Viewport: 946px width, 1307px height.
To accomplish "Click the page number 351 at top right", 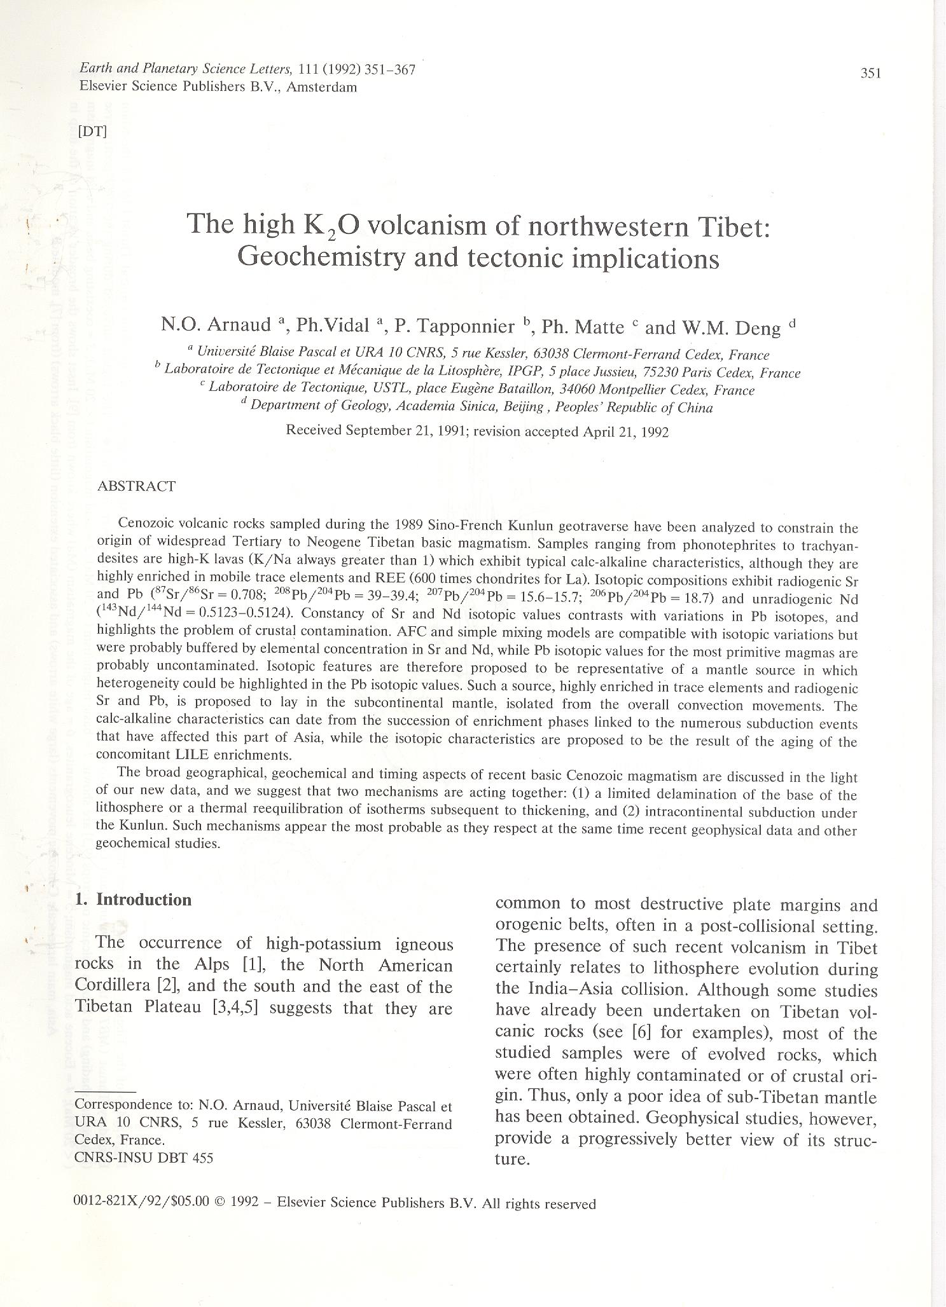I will click(870, 73).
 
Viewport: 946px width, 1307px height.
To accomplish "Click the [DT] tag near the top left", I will click(92, 132).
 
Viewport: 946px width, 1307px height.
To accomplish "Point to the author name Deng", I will click(757, 328).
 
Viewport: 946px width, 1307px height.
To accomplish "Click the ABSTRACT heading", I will click(136, 486).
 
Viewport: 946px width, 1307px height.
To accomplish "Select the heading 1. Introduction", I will click(133, 900).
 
